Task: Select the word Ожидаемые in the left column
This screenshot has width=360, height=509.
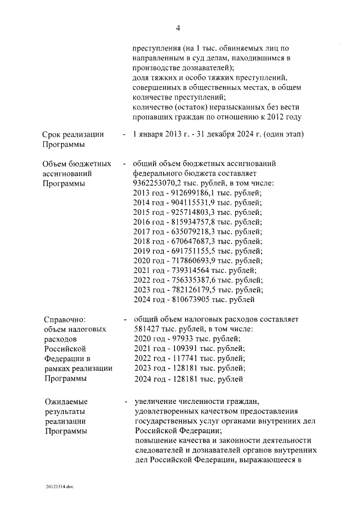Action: (x=66, y=402)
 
